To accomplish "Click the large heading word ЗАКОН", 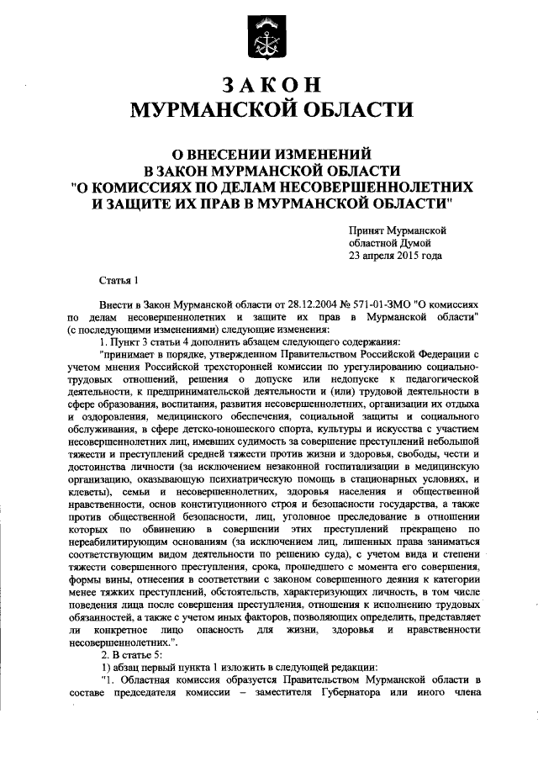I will tap(269, 85).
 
